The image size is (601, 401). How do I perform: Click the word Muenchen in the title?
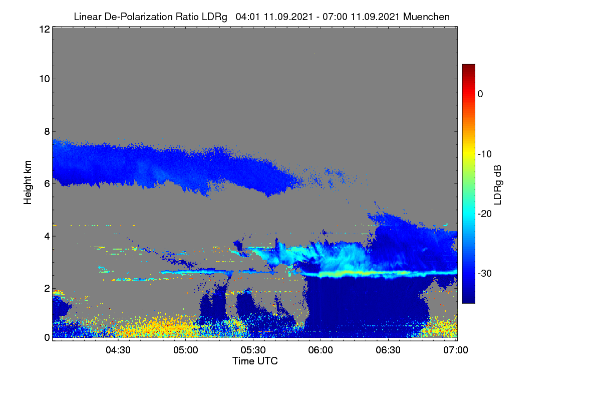(426, 17)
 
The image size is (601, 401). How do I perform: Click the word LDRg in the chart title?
(214, 17)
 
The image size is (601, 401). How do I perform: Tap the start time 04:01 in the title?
(247, 17)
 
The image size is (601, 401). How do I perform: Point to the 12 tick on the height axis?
(45, 29)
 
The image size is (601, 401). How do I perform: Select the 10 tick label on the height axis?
(45, 79)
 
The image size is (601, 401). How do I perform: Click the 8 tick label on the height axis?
(47, 131)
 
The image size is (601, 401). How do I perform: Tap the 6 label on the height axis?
(47, 184)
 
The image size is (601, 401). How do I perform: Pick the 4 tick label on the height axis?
(47, 237)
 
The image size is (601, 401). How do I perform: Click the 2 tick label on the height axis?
(47, 288)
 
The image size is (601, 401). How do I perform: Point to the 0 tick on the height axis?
(47, 337)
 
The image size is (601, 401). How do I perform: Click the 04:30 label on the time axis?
(118, 350)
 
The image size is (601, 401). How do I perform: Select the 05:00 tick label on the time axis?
(186, 350)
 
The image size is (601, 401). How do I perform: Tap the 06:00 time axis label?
(321, 350)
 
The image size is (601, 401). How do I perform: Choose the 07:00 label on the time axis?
(456, 350)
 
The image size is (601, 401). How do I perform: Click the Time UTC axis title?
(255, 361)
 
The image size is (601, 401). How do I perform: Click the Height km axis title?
(28, 182)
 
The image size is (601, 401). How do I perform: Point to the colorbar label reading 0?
(480, 94)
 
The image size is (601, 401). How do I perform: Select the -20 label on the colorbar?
(485, 214)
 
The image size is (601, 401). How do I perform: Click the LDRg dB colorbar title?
(498, 185)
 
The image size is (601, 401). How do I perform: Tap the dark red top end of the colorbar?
(468, 66)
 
